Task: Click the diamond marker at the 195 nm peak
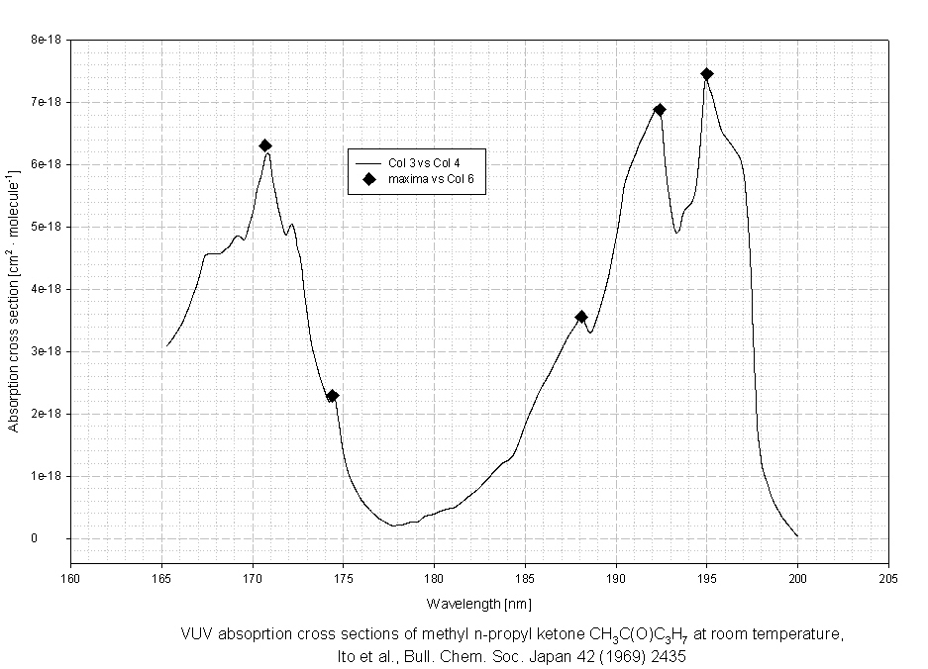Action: tap(706, 74)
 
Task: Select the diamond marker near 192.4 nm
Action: tap(660, 110)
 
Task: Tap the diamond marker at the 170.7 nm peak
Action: tap(265, 145)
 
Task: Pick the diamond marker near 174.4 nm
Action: tap(333, 396)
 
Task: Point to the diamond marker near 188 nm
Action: tap(581, 317)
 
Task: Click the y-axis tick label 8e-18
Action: tap(47, 40)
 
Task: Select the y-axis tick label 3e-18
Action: tap(47, 351)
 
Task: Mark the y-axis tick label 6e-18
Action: tap(47, 164)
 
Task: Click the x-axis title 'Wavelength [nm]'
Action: tap(479, 603)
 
